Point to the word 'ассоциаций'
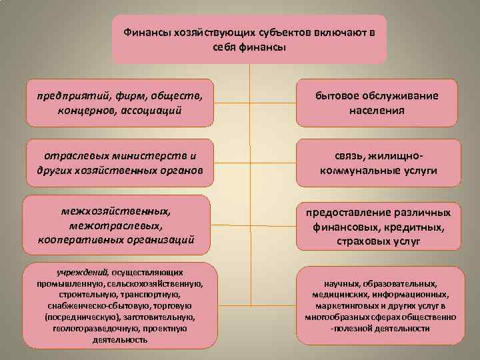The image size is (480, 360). pos(150,109)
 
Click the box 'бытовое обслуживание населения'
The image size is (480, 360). pos(377,103)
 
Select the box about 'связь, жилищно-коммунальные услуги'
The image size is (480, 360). pos(377,162)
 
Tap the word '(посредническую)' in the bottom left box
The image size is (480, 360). pos(75,317)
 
